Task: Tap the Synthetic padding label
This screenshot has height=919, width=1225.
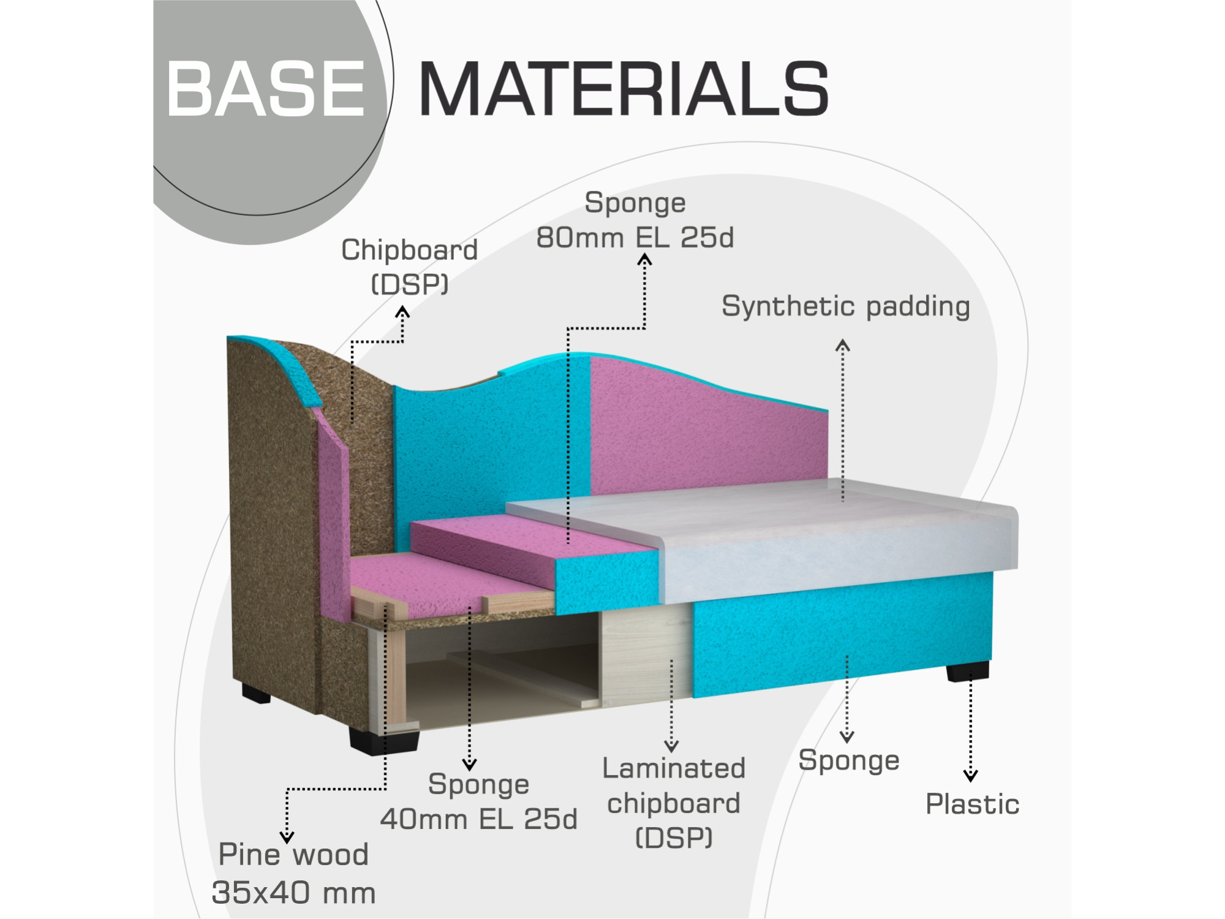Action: coord(845,306)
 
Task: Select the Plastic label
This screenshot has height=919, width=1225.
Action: coord(972,804)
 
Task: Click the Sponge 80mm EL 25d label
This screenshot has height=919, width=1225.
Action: coord(635,220)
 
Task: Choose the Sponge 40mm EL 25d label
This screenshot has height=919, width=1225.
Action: coord(478,801)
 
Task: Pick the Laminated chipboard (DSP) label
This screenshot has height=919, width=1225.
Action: coord(674,803)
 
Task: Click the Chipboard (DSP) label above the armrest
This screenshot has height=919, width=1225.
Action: coord(409,267)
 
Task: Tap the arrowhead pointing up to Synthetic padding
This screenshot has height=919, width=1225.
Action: coord(843,345)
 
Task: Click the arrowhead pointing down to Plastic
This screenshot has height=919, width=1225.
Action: coord(970,776)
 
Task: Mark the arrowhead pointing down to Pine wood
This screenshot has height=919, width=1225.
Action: coord(287,837)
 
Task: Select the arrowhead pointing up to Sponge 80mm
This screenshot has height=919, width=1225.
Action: coord(644,260)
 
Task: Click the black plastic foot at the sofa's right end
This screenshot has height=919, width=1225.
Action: coord(967,671)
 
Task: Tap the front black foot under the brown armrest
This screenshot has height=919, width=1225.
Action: coord(384,740)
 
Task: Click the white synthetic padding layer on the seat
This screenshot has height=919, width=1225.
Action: coord(796,539)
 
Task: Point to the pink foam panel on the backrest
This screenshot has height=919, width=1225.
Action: coord(704,429)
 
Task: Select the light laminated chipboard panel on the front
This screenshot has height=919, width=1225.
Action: coord(646,656)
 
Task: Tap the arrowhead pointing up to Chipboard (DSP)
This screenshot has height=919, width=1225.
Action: coord(402,312)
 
